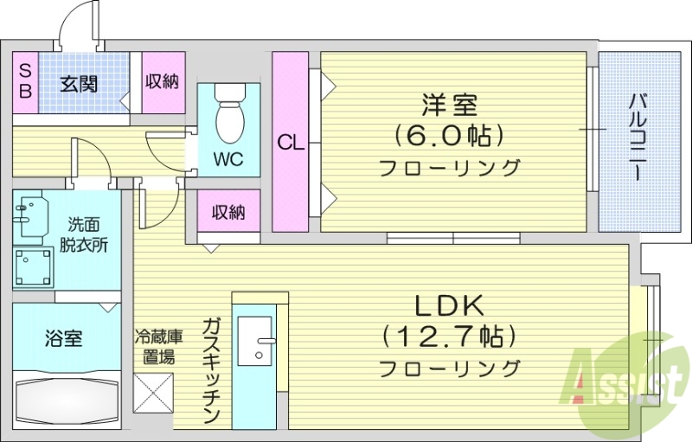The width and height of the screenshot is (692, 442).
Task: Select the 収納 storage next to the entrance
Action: (162, 82)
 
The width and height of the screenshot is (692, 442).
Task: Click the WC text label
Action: (228, 160)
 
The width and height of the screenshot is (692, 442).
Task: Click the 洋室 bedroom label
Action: (450, 106)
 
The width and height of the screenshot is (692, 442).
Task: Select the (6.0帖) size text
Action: (450, 136)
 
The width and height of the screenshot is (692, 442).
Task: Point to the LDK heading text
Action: (450, 305)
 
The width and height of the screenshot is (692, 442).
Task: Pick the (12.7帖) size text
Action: (450, 336)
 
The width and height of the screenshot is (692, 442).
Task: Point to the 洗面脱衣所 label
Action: (84, 234)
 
